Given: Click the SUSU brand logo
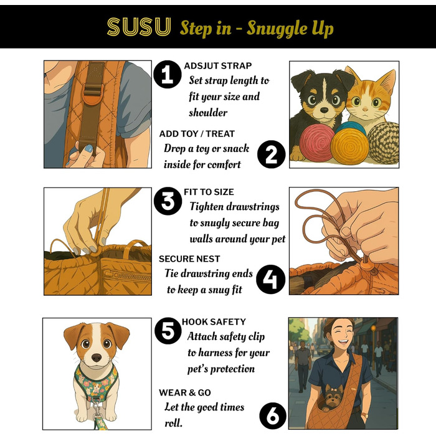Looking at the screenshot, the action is [139, 27].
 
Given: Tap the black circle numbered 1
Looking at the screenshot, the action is [168, 74].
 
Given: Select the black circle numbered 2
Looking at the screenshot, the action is [271, 154].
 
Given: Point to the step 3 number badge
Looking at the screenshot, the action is [168, 201].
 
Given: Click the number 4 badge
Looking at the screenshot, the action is [270, 280].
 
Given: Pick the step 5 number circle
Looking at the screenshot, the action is [168, 331].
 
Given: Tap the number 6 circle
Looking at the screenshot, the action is [273, 416].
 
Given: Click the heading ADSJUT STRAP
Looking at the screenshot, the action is [218, 66].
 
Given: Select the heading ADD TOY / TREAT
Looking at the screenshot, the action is [197, 134].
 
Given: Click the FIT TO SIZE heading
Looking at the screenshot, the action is [209, 192].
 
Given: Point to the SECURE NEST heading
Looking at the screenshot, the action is [189, 259].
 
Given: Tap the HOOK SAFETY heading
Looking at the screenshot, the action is [214, 322].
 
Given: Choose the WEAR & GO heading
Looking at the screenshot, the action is [185, 392].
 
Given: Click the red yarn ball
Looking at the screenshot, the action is [316, 143].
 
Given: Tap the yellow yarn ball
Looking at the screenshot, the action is [349, 146].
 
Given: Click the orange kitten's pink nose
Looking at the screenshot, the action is [366, 108].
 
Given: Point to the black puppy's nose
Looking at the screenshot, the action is [325, 110].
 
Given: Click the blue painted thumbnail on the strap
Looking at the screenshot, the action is [88, 148].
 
